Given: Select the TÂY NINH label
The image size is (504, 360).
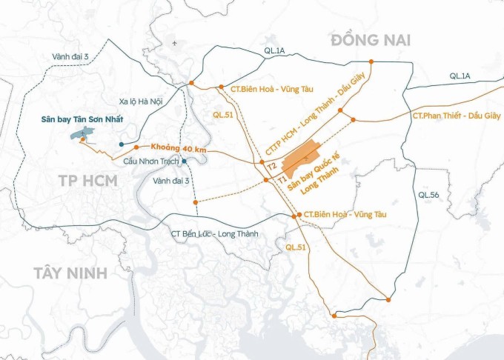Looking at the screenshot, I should [70, 273].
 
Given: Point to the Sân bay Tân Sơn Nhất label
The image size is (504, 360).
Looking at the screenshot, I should [76, 119].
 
